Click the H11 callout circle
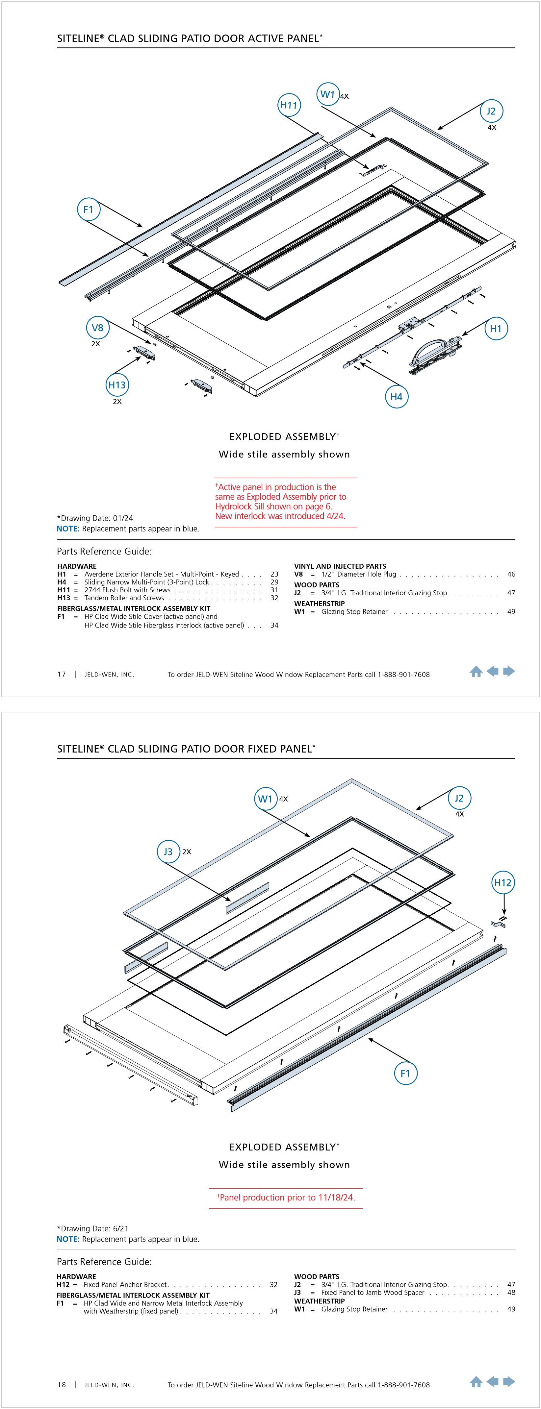[289, 105]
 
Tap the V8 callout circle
[97, 328]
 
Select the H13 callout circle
[116, 384]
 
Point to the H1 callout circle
[496, 328]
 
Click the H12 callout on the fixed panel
[503, 882]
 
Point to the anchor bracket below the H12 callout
[498, 925]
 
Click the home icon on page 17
[476, 672]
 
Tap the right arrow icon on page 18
[509, 1382]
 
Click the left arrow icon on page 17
[492, 671]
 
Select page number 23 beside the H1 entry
[274, 574]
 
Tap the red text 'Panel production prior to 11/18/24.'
[287, 1197]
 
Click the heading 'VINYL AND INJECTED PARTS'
[340, 566]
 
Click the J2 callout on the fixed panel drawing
[459, 798]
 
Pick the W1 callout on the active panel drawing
[328, 94]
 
